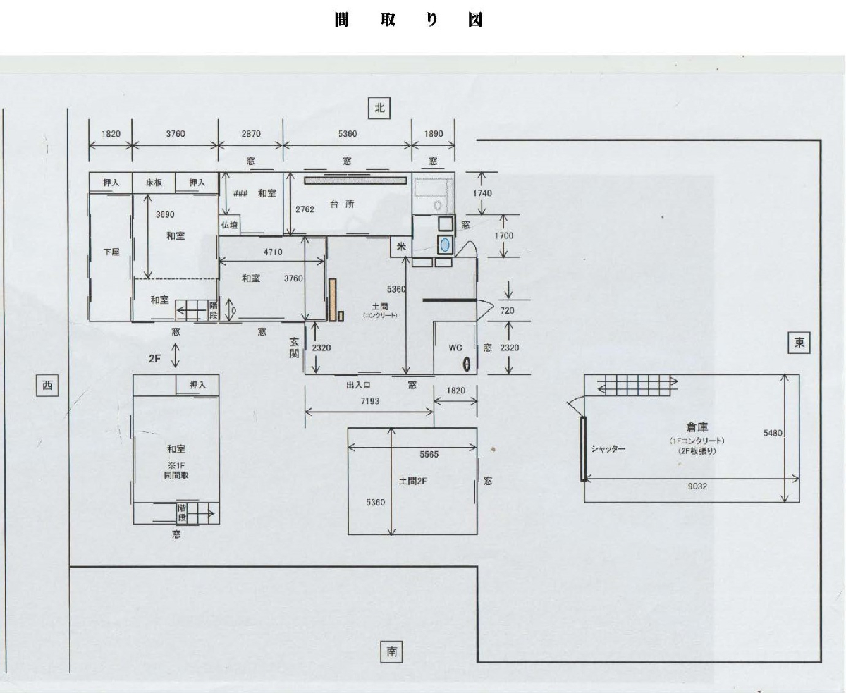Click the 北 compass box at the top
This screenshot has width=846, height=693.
(x=379, y=108)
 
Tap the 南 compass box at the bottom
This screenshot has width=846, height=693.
(x=391, y=652)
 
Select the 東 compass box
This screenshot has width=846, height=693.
(x=799, y=343)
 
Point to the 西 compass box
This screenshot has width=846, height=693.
(x=47, y=385)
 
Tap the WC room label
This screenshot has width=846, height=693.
(x=455, y=348)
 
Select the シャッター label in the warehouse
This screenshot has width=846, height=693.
(x=608, y=449)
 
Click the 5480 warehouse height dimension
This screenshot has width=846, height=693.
(x=773, y=433)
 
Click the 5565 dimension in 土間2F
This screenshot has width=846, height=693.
(x=429, y=455)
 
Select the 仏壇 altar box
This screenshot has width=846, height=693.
(x=230, y=226)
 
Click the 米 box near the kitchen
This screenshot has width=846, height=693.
(x=400, y=247)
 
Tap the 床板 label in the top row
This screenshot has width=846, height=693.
(x=154, y=183)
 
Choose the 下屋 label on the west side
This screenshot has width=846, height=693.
(x=111, y=251)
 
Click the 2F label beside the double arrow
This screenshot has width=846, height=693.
(x=155, y=358)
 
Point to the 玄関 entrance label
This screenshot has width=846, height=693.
(x=294, y=348)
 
